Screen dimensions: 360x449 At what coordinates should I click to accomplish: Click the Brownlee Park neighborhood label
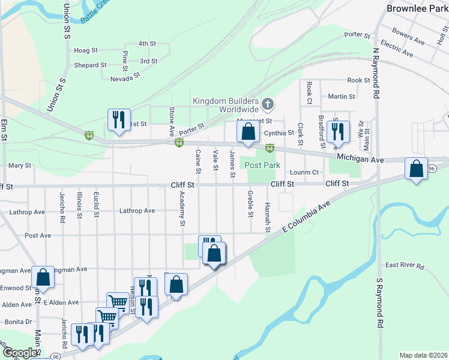[x=416, y=8]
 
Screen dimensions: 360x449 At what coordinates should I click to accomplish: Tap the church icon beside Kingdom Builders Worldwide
[x=268, y=105]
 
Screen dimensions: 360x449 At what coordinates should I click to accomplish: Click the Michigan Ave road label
[x=360, y=159]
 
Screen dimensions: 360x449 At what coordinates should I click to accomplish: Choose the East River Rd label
[x=405, y=265]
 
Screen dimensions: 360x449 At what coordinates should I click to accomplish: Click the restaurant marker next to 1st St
[x=118, y=119]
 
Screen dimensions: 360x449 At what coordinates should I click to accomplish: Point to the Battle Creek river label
[x=95, y=13]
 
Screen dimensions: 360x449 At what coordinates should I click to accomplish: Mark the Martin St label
[x=342, y=96]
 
